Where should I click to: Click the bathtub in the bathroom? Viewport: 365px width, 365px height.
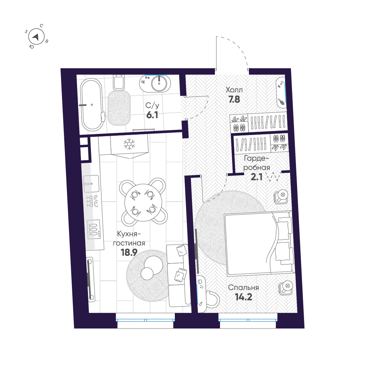[91, 105]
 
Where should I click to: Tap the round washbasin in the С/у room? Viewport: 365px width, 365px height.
[160, 84]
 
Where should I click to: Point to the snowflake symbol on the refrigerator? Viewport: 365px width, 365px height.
[128, 145]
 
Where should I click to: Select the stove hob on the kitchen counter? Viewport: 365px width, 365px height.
[93, 229]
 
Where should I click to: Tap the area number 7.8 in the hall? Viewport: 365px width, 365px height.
[234, 99]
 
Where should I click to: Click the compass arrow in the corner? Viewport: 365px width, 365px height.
[36, 36]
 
